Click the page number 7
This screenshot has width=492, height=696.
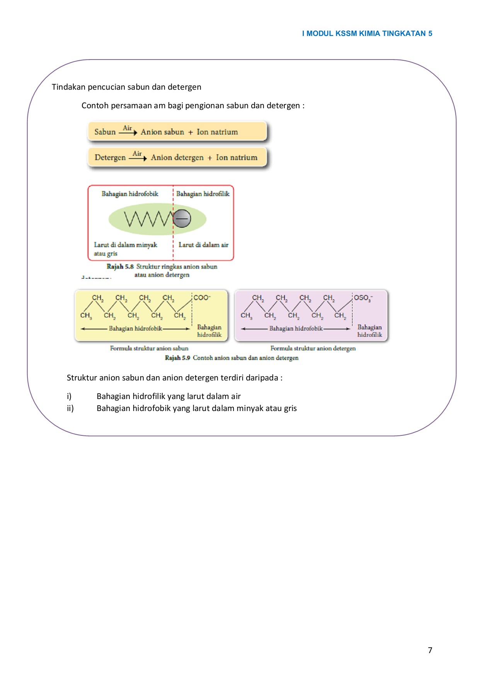[x=430, y=650]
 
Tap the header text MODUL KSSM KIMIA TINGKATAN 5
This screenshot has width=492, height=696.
[x=369, y=34]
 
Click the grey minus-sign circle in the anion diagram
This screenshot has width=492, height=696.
[x=182, y=218]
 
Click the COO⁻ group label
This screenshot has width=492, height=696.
[x=202, y=298]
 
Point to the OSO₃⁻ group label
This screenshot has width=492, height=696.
[x=363, y=298]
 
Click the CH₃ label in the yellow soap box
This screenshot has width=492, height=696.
[x=86, y=316]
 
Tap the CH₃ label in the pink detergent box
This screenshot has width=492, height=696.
[x=246, y=316]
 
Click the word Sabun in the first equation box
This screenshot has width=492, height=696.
[x=105, y=132]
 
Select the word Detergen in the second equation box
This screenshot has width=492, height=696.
[x=110, y=157]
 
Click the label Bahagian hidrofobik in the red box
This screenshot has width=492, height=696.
[x=130, y=194]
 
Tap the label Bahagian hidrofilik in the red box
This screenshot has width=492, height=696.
[x=203, y=194]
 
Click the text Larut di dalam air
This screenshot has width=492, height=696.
[x=203, y=245]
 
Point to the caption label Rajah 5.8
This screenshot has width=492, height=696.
[x=120, y=266]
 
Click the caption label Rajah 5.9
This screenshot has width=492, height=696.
[x=177, y=358]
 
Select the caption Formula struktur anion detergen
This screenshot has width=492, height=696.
[x=313, y=348]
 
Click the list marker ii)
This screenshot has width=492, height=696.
[x=70, y=408]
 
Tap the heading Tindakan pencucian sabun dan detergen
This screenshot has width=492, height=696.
[x=126, y=87]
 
